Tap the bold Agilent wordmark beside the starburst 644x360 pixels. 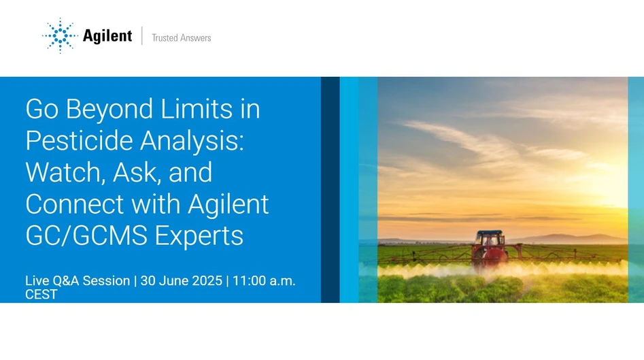click(x=107, y=36)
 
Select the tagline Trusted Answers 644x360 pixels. click(x=181, y=38)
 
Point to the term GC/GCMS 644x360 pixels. click(x=86, y=236)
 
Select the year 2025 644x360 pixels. click(x=207, y=280)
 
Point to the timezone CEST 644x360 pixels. click(x=41, y=295)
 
